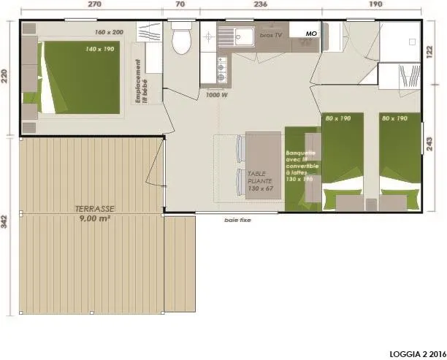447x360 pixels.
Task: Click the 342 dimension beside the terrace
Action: (x=6, y=223)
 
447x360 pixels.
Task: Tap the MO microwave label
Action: (x=311, y=34)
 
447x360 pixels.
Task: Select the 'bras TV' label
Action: (x=272, y=35)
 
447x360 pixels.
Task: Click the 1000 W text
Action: (x=217, y=95)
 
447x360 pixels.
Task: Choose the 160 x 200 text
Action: (x=110, y=33)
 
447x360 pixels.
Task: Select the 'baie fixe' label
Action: (x=237, y=220)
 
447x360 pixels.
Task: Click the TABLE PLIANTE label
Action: (x=259, y=182)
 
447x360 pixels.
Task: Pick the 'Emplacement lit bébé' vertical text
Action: (x=145, y=83)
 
